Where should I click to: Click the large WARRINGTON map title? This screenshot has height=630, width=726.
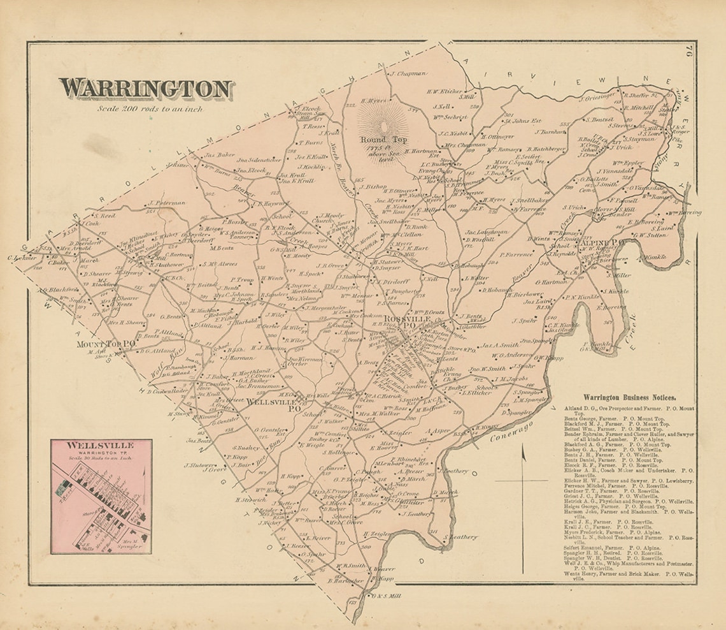[x=145, y=89]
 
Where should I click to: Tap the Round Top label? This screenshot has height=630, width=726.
[x=380, y=140]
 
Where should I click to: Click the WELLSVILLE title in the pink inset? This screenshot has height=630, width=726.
[x=101, y=445]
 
